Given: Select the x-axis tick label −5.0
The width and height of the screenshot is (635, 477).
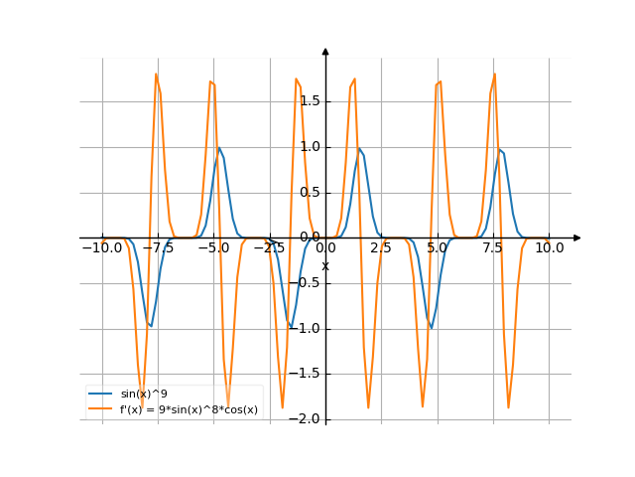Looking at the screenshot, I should coord(212,247).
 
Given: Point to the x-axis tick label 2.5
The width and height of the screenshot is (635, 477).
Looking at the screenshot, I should coord(381,247).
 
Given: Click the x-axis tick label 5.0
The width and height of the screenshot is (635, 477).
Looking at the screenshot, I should coord(437,247).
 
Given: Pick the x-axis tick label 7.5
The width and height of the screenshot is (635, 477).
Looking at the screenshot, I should coord(493,247).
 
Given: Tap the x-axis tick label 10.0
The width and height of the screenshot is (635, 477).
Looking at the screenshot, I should coord(549,247).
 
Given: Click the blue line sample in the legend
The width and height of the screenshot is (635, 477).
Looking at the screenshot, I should coord(101,395).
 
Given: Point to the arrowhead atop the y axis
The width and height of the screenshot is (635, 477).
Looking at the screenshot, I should coord(325,51).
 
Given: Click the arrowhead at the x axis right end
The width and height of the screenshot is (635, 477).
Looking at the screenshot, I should coord(577,238).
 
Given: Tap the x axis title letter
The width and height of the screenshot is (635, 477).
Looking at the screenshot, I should coord(324,265).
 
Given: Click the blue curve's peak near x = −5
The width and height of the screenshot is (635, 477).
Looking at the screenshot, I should coord(218,148).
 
